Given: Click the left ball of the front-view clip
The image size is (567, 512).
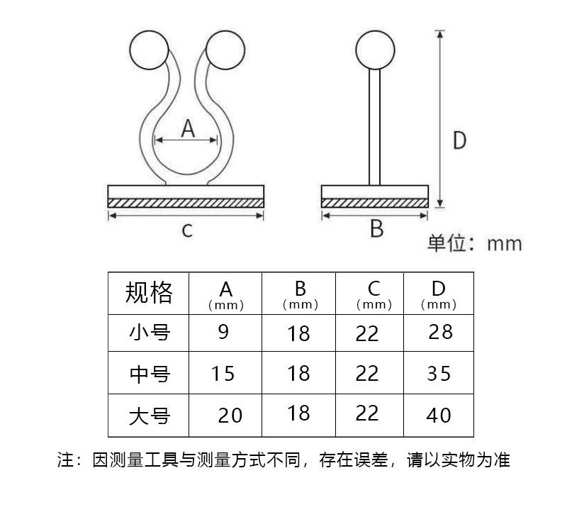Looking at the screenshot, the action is pyautogui.click(x=149, y=50).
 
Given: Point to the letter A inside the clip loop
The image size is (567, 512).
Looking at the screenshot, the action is pyautogui.click(x=187, y=128).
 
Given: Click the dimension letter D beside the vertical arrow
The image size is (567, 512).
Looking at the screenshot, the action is pyautogui.click(x=460, y=140).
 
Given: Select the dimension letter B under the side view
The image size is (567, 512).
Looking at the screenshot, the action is pyautogui.click(x=376, y=228).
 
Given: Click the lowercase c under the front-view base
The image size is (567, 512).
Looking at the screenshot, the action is pyautogui.click(x=187, y=230).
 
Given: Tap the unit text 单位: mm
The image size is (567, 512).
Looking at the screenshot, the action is pyautogui.click(x=474, y=244).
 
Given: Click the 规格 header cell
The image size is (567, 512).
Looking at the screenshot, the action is pyautogui.click(x=149, y=292).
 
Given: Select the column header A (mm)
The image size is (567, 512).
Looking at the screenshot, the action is pyautogui.click(x=225, y=294).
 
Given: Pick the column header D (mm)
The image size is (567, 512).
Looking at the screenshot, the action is pyautogui.click(x=438, y=294).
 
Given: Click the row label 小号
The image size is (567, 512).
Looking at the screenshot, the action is pyautogui.click(x=150, y=332).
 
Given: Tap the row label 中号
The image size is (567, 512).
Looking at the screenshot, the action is pyautogui.click(x=150, y=373).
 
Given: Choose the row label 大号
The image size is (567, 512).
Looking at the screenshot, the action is pyautogui.click(x=150, y=415).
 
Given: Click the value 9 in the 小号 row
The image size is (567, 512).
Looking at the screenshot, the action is pyautogui.click(x=223, y=331).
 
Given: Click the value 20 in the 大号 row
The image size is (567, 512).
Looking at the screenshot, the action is pyautogui.click(x=230, y=415).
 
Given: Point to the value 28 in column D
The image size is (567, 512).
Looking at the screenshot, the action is pyautogui.click(x=440, y=331).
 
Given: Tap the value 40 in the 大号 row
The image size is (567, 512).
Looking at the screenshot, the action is pyautogui.click(x=439, y=415).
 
